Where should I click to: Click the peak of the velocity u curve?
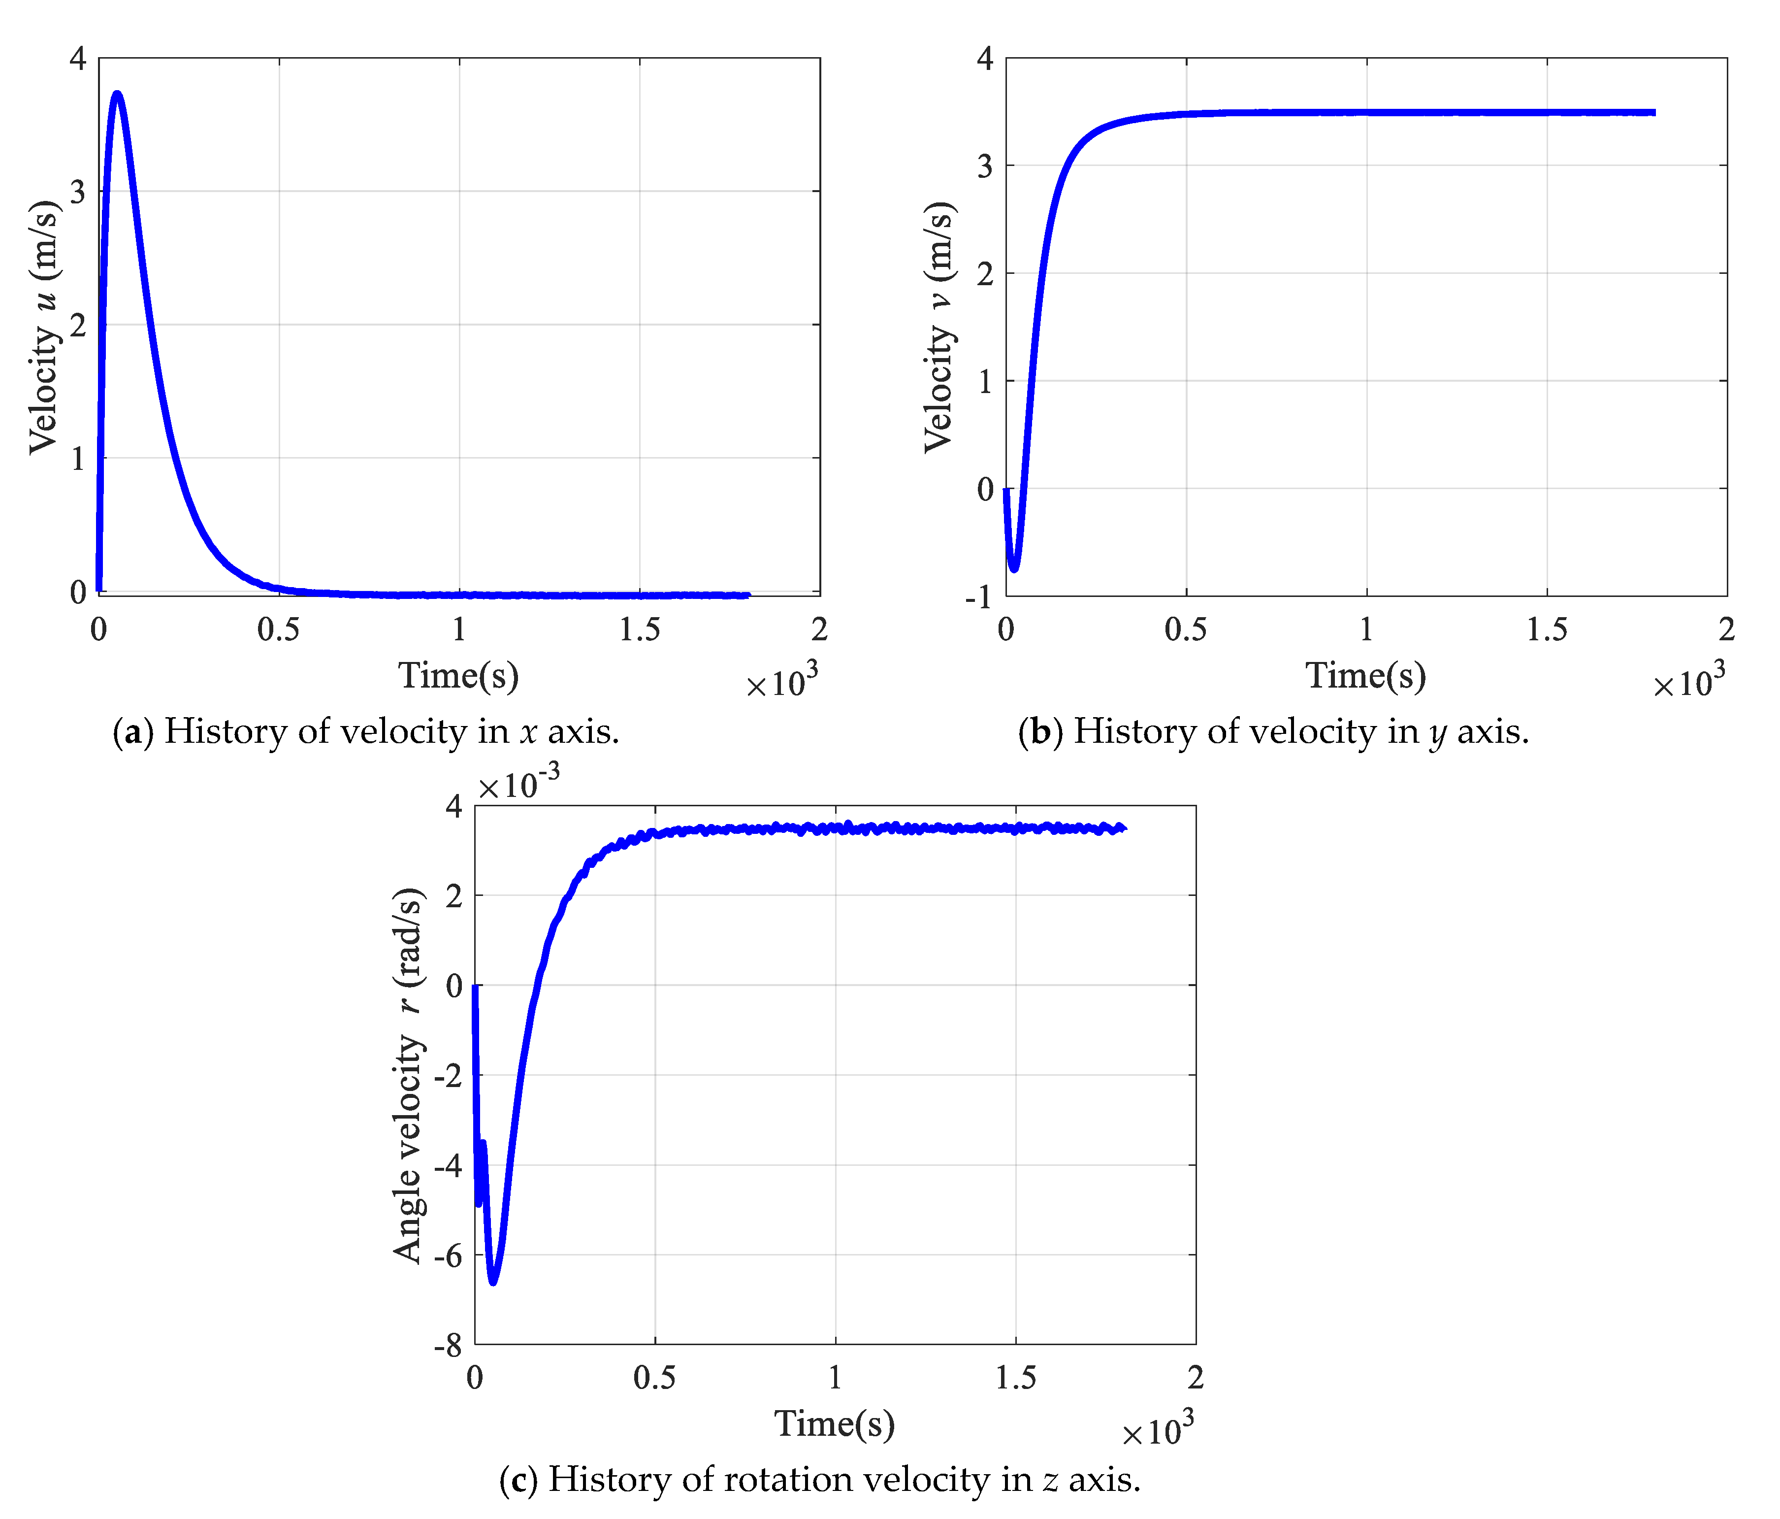118,94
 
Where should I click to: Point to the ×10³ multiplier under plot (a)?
782,683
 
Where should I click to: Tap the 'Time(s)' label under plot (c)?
835,1423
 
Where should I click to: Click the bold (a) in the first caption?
133,732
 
